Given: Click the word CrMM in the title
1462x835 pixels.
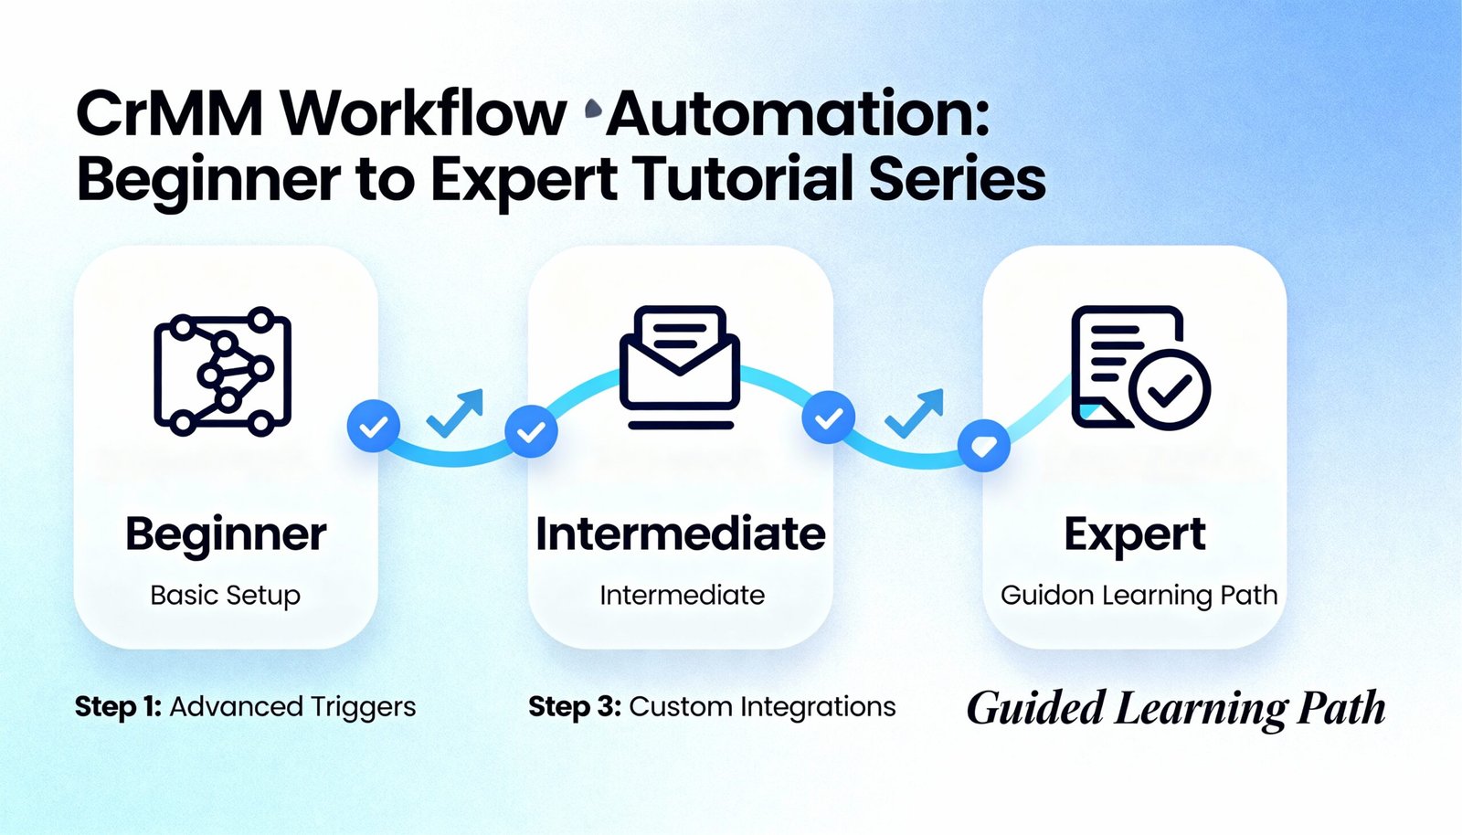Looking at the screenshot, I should tap(168, 114).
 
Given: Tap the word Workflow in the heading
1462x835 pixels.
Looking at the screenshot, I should tap(423, 114).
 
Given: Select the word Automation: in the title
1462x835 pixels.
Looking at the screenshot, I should tap(798, 114).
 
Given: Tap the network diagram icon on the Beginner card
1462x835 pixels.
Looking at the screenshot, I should tap(223, 370).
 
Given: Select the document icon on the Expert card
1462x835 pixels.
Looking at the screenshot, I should tap(1128, 365).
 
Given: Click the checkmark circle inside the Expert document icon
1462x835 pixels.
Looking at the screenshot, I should tap(1170, 389).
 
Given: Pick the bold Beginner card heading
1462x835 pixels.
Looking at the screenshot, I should tap(226, 534).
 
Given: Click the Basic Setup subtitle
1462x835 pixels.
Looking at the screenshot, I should tap(226, 595).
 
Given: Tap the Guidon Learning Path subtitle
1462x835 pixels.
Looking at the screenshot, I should tap(1139, 595).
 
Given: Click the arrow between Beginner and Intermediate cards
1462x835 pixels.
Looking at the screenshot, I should tap(455, 413).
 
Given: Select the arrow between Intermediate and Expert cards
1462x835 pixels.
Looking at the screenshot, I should tap(915, 413).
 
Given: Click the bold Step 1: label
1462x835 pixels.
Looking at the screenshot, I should tap(118, 706).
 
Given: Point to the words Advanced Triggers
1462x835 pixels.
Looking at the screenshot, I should tap(292, 706).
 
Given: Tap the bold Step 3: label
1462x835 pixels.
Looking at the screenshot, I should tap(575, 706).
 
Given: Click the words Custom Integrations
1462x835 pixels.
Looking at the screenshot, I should tap(762, 706).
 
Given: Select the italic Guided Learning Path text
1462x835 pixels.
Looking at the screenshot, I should tap(1176, 709).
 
